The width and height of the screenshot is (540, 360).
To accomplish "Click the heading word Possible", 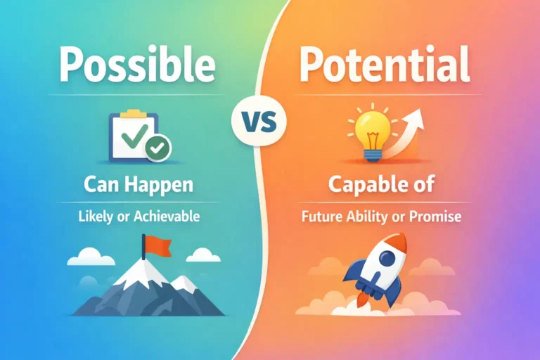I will [136, 65].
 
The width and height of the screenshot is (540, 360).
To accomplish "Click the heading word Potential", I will [384, 65].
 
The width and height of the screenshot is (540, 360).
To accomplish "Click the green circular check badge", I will [158, 147].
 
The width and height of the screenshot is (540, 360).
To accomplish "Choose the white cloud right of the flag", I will [202, 255].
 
